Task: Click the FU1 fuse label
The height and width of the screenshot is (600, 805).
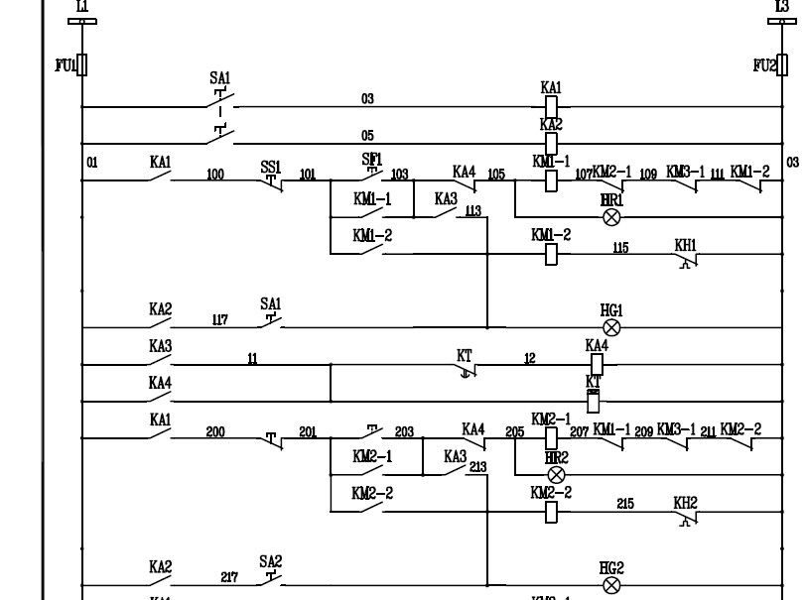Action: [64, 65]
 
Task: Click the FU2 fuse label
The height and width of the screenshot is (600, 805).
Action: [763, 65]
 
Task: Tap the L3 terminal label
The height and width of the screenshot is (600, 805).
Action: [781, 7]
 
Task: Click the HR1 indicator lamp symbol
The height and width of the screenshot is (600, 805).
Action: [611, 216]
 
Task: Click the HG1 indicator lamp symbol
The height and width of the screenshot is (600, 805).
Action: [611, 327]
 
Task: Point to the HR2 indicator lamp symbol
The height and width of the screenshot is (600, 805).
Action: [556, 474]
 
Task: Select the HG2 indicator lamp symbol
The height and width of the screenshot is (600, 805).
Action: [611, 585]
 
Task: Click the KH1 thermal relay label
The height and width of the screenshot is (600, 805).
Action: [685, 244]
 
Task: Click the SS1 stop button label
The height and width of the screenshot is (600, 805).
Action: [271, 169]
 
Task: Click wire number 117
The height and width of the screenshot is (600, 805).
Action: [219, 319]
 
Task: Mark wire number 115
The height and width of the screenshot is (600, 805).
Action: [620, 247]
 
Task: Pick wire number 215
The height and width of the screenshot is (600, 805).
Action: [625, 504]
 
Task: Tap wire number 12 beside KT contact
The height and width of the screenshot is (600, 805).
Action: [530, 359]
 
